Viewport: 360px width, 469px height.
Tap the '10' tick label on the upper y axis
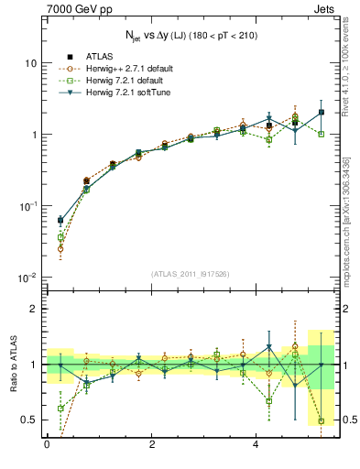click(x=31, y=63)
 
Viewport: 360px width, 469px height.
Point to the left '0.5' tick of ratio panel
click(x=29, y=420)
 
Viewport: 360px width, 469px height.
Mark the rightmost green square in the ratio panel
click(x=321, y=421)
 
